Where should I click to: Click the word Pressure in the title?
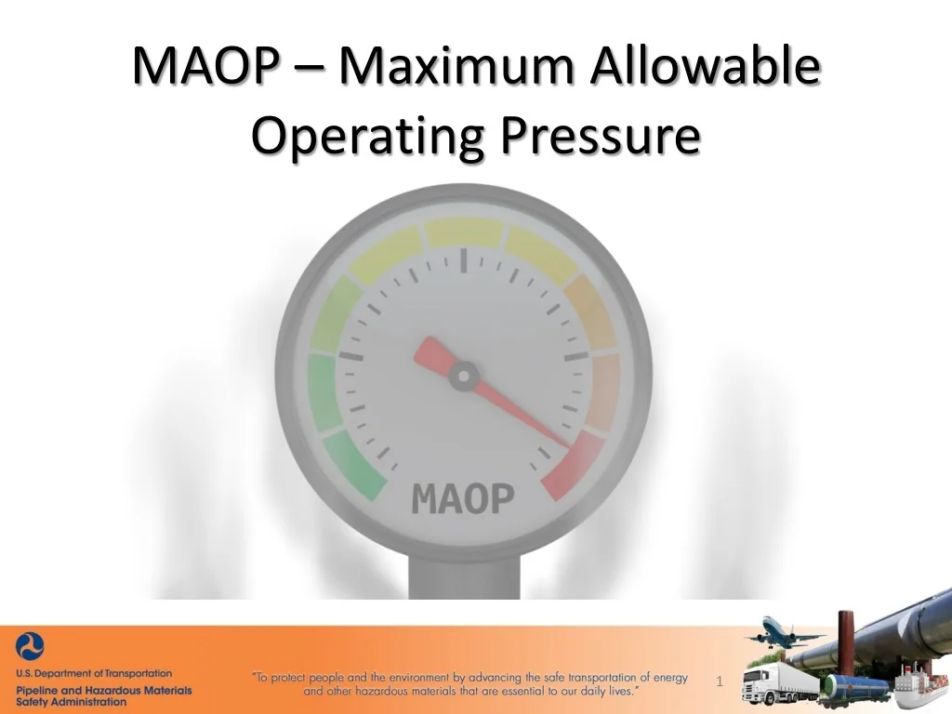coord(599,137)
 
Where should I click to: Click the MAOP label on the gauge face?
coord(462,498)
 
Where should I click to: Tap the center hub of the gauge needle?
coord(463,377)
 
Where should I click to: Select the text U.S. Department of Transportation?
coord(94,673)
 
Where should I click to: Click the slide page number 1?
coord(720,682)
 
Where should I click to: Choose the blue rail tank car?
coord(855,688)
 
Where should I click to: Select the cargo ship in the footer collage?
coord(920,688)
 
